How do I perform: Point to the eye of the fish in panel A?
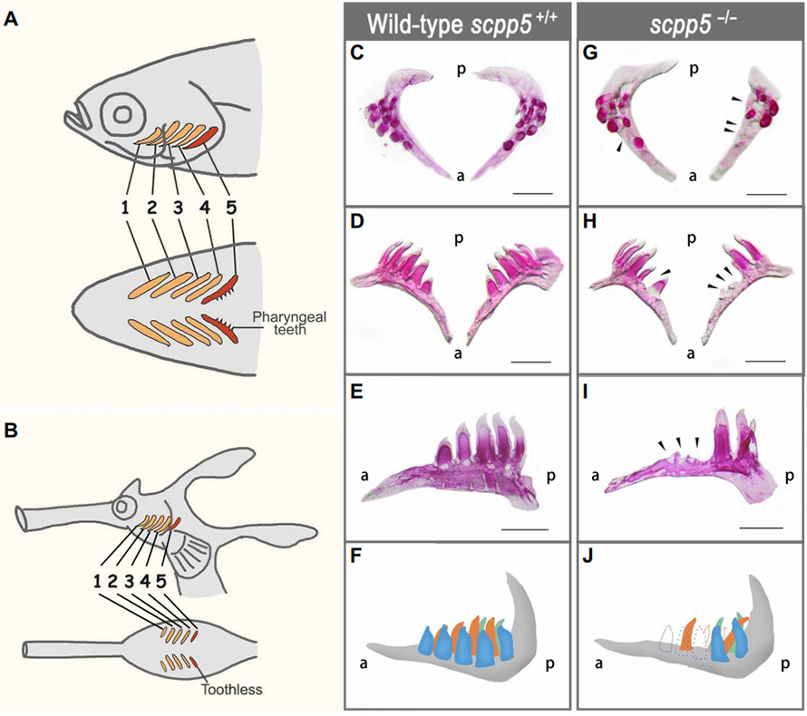click(122, 117)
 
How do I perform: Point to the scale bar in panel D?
click(537, 360)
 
